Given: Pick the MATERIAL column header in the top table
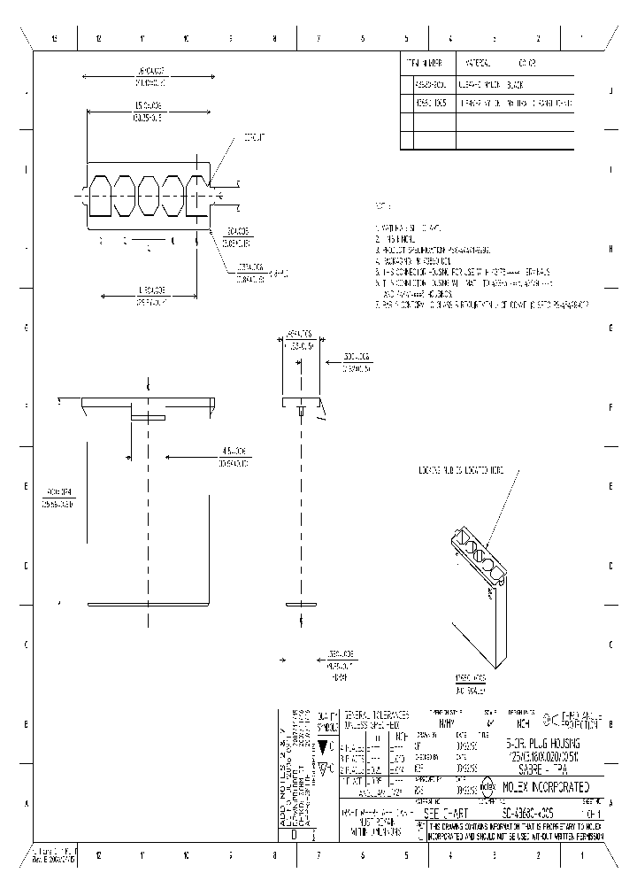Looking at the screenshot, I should [x=478, y=64].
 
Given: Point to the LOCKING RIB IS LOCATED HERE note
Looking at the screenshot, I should [x=461, y=472].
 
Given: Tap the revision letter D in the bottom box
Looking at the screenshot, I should [x=294, y=834].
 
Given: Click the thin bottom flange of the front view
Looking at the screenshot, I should [x=148, y=604].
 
